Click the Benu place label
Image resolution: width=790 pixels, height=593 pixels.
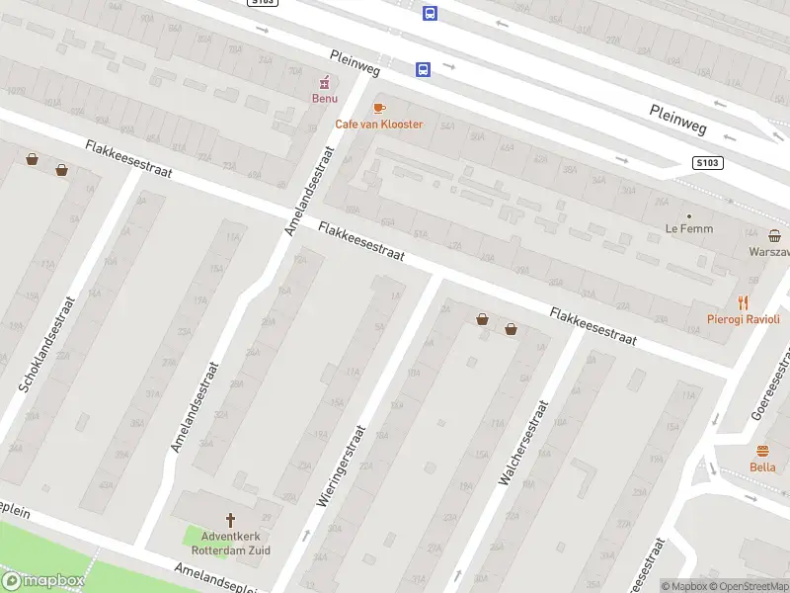(x=325, y=99)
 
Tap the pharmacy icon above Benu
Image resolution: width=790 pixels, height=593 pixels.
(x=323, y=82)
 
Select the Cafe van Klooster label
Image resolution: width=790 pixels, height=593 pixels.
(x=378, y=124)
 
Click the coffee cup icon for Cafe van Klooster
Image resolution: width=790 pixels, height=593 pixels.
(x=378, y=108)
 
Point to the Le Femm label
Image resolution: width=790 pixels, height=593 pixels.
(x=689, y=229)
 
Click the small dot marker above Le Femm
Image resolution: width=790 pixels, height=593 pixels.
(x=689, y=215)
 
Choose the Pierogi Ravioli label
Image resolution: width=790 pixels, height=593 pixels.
(x=743, y=319)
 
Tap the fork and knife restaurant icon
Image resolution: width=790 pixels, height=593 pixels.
(x=743, y=302)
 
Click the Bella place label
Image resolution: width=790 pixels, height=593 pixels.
(x=762, y=466)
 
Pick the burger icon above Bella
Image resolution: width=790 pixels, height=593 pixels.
(x=762, y=450)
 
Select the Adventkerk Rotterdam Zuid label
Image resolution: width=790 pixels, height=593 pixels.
(x=231, y=543)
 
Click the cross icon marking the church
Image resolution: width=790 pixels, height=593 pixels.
(x=231, y=519)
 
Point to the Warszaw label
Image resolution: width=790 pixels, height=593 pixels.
(x=768, y=251)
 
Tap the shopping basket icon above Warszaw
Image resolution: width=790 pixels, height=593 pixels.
(x=775, y=235)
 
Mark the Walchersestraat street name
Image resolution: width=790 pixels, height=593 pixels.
(x=522, y=442)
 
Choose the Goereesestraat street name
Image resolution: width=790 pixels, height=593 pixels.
(x=771, y=384)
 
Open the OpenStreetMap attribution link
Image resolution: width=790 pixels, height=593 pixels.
(x=751, y=586)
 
